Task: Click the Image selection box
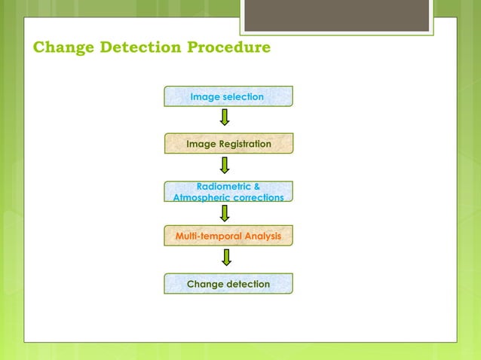coord(228,96)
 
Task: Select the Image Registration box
coord(228,143)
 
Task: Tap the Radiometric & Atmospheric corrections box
coord(228,191)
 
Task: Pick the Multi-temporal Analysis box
coord(228,236)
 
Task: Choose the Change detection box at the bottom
coord(228,284)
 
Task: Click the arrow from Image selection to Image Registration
coord(225,119)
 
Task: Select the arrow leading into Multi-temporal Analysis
coord(225,213)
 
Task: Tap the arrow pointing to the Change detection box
coord(225,258)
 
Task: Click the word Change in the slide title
coord(60,49)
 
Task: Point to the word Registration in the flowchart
coord(244,143)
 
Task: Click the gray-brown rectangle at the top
coord(336,16)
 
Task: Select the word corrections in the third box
coord(258,197)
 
